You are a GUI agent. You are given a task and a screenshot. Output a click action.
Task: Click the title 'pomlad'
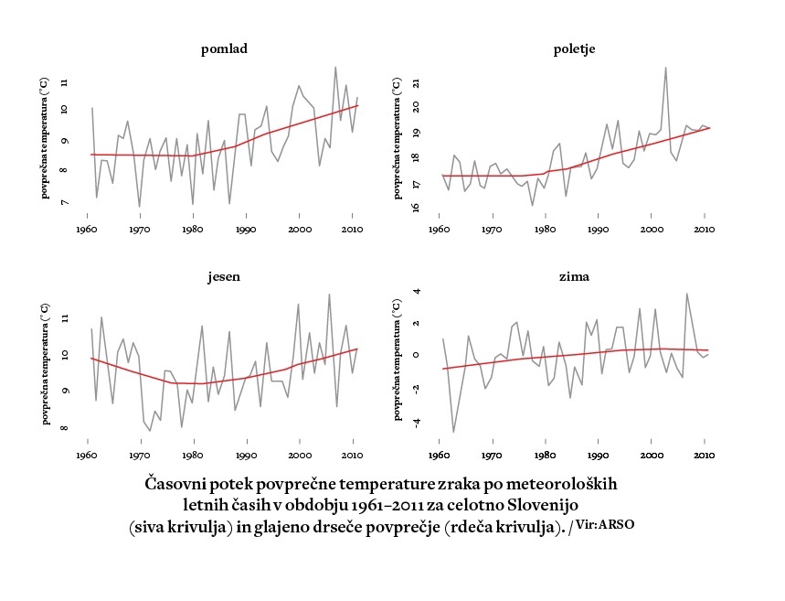click(224, 49)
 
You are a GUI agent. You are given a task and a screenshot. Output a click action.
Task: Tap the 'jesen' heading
click(224, 276)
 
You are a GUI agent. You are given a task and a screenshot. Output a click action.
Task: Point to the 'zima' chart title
click(575, 276)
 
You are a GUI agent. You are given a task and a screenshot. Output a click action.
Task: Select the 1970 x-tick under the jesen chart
click(140, 455)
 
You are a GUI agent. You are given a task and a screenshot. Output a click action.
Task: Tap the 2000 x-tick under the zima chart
click(651, 455)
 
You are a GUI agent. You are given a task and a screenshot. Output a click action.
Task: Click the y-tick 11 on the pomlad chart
click(65, 82)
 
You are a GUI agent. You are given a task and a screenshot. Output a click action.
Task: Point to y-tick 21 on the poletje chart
click(416, 83)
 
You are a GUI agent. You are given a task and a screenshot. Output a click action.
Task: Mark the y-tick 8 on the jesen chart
click(65, 427)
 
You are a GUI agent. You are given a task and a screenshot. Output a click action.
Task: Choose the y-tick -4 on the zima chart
click(416, 423)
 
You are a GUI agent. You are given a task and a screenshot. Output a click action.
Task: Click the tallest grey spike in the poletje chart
click(665, 68)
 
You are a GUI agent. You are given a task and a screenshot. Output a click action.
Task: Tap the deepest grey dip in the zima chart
click(453, 432)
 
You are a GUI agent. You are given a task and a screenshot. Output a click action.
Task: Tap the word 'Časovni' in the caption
click(177, 482)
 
